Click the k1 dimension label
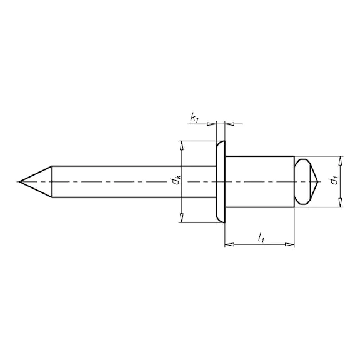(194, 118)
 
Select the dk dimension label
(177, 180)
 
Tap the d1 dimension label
(334, 180)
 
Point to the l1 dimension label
(261, 238)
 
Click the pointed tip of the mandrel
(20, 182)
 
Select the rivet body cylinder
(259, 182)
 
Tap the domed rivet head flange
(221, 182)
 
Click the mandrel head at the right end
(306, 182)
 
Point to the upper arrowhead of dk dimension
(182, 146)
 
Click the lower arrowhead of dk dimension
(182, 217)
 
